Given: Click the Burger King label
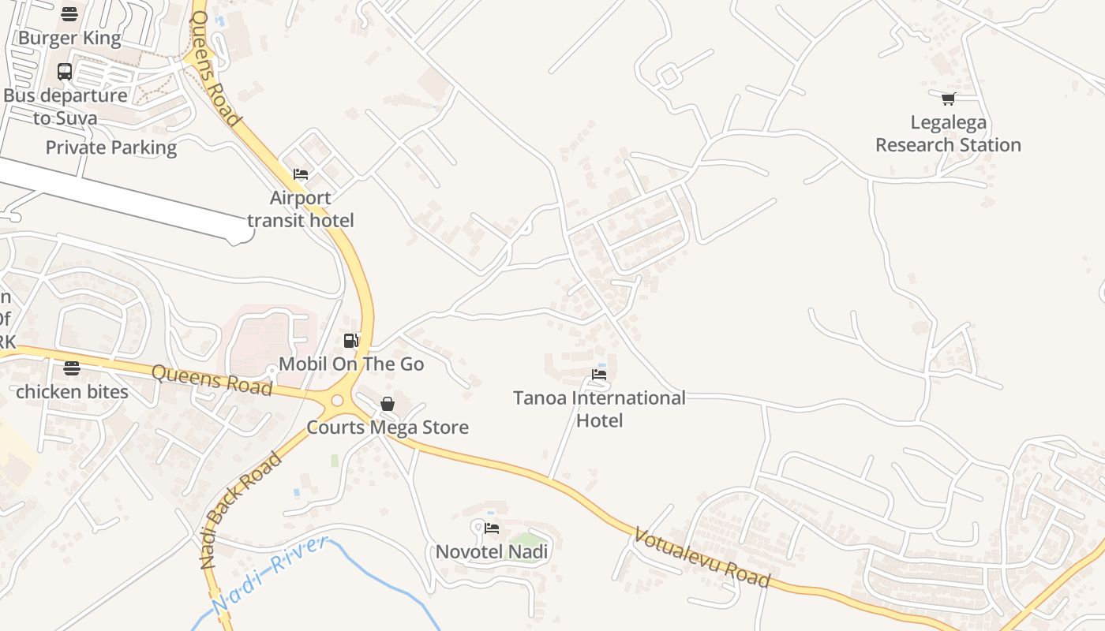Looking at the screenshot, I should tap(69, 38).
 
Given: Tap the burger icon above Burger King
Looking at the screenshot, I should tap(69, 14).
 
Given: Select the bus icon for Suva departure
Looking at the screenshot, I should tap(65, 72).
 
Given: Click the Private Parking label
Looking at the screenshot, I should tap(110, 147).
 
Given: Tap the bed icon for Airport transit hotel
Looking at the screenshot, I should tap(301, 174).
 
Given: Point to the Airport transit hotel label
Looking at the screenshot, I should tap(300, 209).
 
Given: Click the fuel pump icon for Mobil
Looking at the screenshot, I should tap(351, 341).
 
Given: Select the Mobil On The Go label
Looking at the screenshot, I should tap(351, 364).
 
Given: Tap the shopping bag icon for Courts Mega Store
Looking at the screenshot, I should tap(388, 404).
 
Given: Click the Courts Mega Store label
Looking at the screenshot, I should tap(388, 428).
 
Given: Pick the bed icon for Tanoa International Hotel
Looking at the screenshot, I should tap(599, 374).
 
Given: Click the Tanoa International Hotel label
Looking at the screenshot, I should tap(599, 409).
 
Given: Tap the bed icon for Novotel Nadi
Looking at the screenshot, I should tap(492, 528).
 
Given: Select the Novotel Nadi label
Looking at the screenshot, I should tap(492, 551).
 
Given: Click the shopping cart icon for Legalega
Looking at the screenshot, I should tap(948, 99).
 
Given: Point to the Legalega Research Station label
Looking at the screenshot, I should tap(948, 134).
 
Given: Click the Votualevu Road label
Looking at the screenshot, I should tap(702, 558).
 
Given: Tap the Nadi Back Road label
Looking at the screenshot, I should tap(240, 510).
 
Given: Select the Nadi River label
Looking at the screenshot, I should tap(269, 575).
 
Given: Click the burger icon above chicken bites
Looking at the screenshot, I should tap(72, 368).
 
